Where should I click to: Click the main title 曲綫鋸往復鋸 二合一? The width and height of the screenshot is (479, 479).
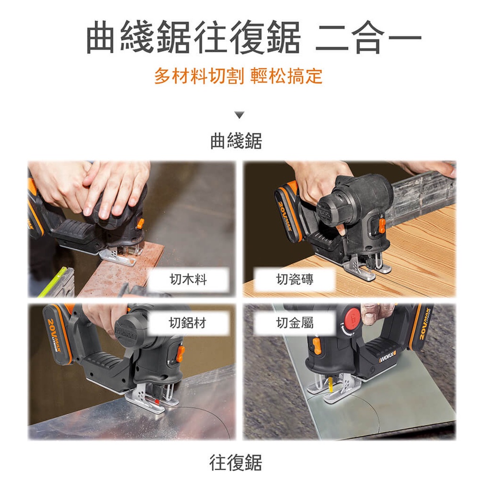pos(254,37)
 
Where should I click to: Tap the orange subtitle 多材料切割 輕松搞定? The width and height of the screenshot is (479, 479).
pos(238,76)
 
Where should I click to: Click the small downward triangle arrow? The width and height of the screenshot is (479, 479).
pos(239,115)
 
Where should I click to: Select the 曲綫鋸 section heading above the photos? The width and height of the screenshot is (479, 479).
pos(236,141)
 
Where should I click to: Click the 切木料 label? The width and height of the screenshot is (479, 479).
pos(188,280)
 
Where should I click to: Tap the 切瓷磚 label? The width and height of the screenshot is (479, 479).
pos(295,279)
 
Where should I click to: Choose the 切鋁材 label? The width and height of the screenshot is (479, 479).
pos(188,323)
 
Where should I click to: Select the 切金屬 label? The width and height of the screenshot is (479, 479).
pos(295,323)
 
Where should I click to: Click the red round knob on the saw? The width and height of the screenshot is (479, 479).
pos(352,318)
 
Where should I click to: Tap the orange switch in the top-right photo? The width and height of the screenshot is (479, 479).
pos(382,225)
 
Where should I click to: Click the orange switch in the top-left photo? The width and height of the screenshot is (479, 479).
pos(140,223)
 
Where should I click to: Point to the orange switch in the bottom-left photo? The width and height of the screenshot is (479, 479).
pos(181,353)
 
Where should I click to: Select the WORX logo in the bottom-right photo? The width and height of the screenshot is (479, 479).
pos(388,356)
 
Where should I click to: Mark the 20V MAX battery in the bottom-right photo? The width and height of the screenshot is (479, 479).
pos(422,326)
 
